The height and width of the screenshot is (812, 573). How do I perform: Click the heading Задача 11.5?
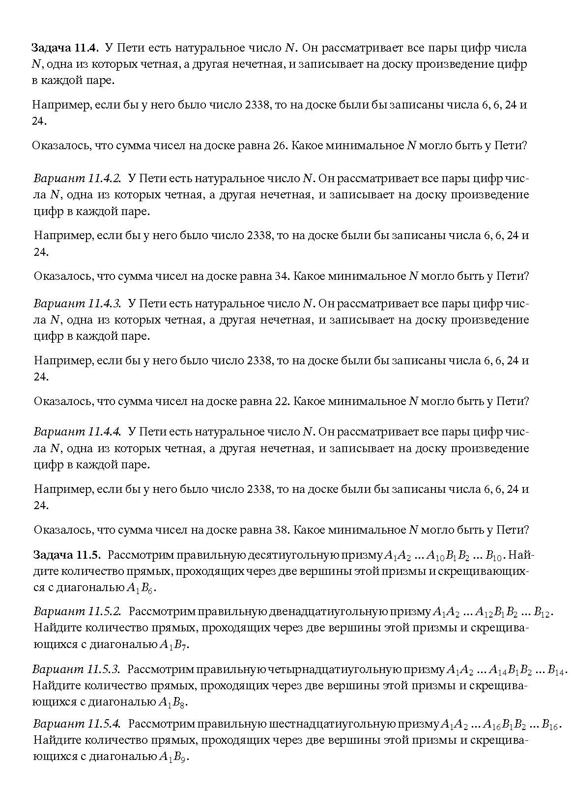pos(67,555)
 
